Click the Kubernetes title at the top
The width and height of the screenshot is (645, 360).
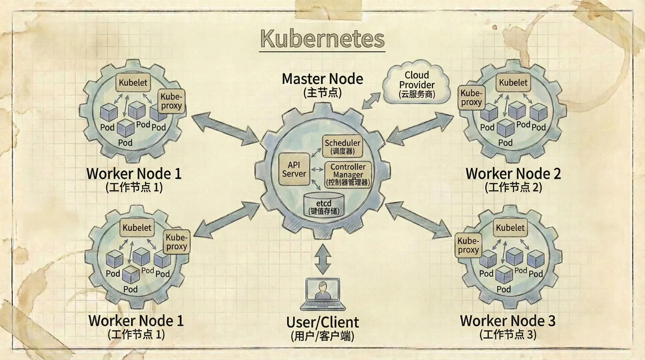click(x=322, y=39)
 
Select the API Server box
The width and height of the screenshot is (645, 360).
click(x=294, y=169)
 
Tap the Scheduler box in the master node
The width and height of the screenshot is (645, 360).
click(x=342, y=146)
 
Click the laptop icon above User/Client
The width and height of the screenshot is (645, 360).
click(x=323, y=293)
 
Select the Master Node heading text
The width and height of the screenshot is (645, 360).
click(x=322, y=79)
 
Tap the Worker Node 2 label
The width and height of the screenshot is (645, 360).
click(x=513, y=174)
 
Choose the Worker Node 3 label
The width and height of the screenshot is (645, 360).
click(x=508, y=321)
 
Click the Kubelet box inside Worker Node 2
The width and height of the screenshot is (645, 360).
click(x=513, y=83)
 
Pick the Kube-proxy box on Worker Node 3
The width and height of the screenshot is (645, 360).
click(x=468, y=245)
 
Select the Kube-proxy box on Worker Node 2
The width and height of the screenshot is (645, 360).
click(x=471, y=98)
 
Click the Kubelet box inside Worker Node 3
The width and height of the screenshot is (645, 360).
click(x=510, y=228)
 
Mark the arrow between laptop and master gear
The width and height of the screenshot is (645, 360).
click(x=323, y=259)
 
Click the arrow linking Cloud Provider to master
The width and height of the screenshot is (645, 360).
click(x=371, y=101)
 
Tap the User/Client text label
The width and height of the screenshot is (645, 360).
click(x=322, y=322)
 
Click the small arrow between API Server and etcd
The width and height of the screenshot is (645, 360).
click(x=316, y=185)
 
